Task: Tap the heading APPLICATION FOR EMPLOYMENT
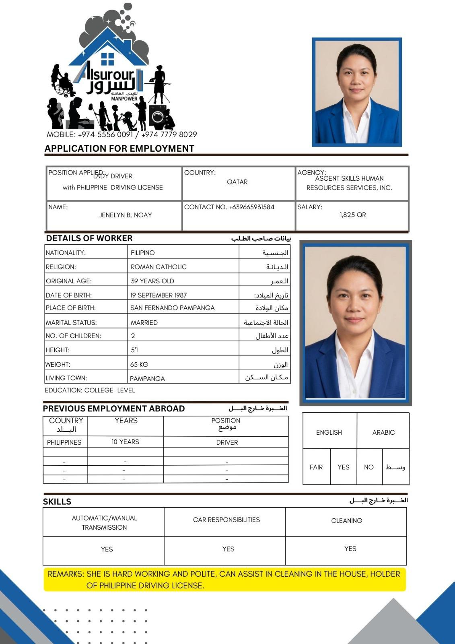coord(119,149)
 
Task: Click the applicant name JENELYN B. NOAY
coord(126,215)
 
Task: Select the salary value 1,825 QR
coord(352,215)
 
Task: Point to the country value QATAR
coord(237,182)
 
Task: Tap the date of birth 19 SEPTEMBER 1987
coord(159,295)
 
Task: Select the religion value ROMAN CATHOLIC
coord(159,267)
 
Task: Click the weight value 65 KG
coord(139,364)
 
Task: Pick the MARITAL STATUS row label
coord(71,322)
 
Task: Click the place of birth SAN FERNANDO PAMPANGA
coord(172,308)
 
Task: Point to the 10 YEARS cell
coord(125,442)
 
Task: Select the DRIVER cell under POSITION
coord(227,442)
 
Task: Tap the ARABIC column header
coord(383,432)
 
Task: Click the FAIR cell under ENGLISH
coord(316,467)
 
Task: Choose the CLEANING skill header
coord(346,520)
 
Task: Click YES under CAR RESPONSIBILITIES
coord(228,549)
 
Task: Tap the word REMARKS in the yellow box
coord(66,574)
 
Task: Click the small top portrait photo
coord(357,92)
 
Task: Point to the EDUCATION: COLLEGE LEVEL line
coord(90,390)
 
